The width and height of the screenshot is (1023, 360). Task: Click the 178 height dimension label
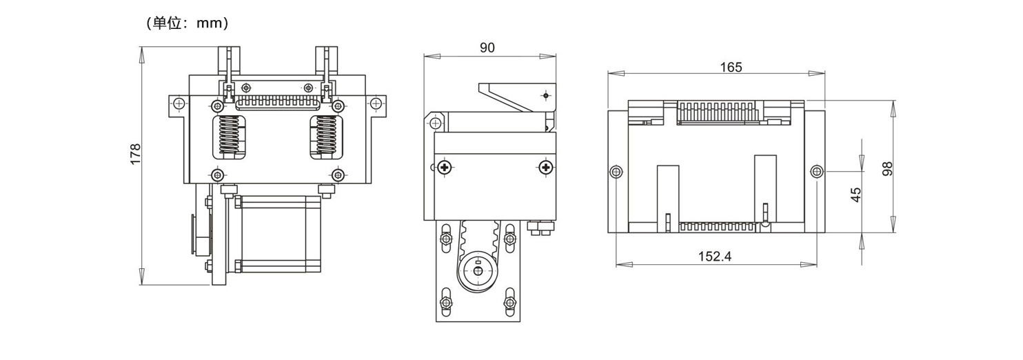[136, 153]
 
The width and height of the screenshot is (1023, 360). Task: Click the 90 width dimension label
[487, 48]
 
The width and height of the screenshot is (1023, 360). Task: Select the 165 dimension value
[731, 67]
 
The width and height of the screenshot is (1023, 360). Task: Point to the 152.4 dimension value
[714, 256]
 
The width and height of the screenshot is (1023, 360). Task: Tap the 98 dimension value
[888, 168]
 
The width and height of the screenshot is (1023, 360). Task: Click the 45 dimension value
[856, 194]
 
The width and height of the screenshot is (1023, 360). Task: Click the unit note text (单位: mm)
[187, 23]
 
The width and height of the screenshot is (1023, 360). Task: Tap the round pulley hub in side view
[477, 270]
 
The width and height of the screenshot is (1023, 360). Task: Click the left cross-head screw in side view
[445, 167]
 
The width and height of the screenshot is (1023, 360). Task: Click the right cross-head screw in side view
[545, 167]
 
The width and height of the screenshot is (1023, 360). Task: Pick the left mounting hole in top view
[616, 171]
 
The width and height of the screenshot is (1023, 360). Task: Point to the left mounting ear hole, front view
[179, 103]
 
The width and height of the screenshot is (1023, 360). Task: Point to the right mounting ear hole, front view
[375, 103]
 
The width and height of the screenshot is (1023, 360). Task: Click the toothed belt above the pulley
[477, 234]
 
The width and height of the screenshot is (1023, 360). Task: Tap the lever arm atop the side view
[514, 97]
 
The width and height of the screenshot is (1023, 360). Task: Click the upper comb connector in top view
[716, 112]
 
